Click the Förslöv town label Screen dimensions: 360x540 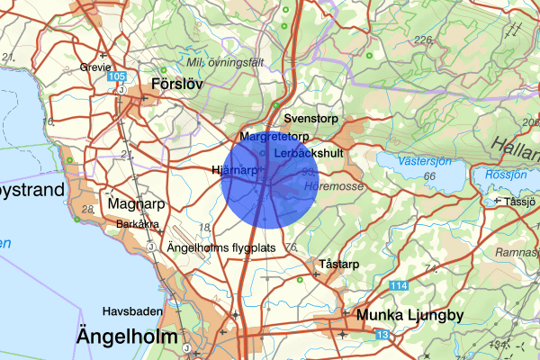tap(178, 83)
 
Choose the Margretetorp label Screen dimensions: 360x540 tap(274, 136)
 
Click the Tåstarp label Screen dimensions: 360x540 tap(339, 265)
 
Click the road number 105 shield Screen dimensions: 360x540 tap(116, 77)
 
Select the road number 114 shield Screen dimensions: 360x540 tap(398, 285)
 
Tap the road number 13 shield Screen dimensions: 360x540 tap(383, 335)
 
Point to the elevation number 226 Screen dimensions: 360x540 tap(423, 40)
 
